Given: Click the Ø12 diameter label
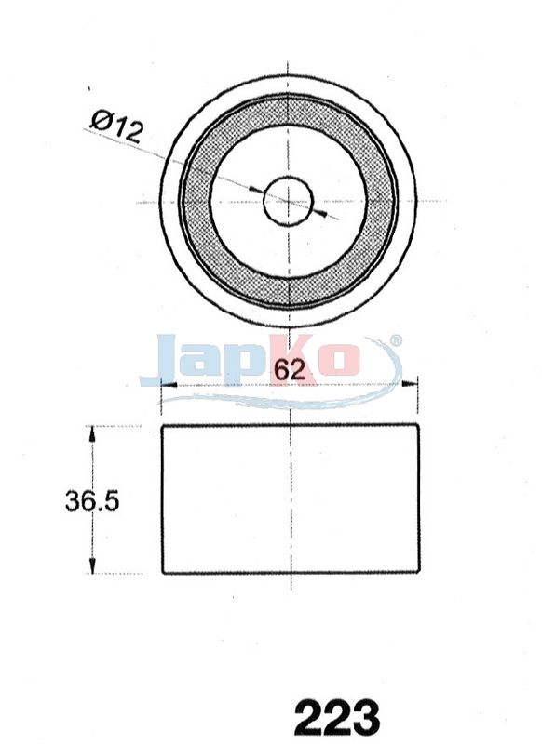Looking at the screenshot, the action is pos(116,126).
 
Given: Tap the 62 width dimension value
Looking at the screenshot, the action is pos(290,368).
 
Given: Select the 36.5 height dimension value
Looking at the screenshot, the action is pos(91,500).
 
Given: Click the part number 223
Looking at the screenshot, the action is pos(337,717).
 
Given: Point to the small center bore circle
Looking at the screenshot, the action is pos(289,200).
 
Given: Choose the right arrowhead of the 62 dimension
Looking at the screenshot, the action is pos(411,383).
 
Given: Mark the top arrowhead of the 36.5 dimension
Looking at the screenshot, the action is pos(92,433).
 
